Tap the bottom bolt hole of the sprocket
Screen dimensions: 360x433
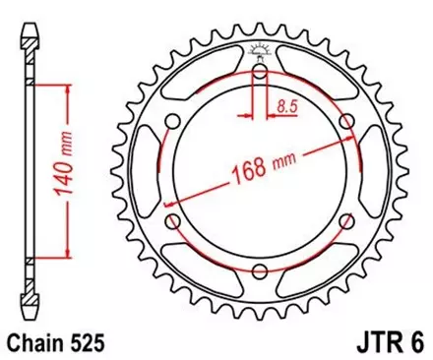pyautogui.click(x=259, y=271)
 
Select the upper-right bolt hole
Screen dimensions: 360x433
pyautogui.click(x=347, y=119)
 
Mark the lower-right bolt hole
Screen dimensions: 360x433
pyautogui.click(x=347, y=220)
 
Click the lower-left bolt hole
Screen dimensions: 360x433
pyautogui.click(x=172, y=220)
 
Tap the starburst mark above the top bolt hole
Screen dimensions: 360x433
pyautogui.click(x=260, y=50)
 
